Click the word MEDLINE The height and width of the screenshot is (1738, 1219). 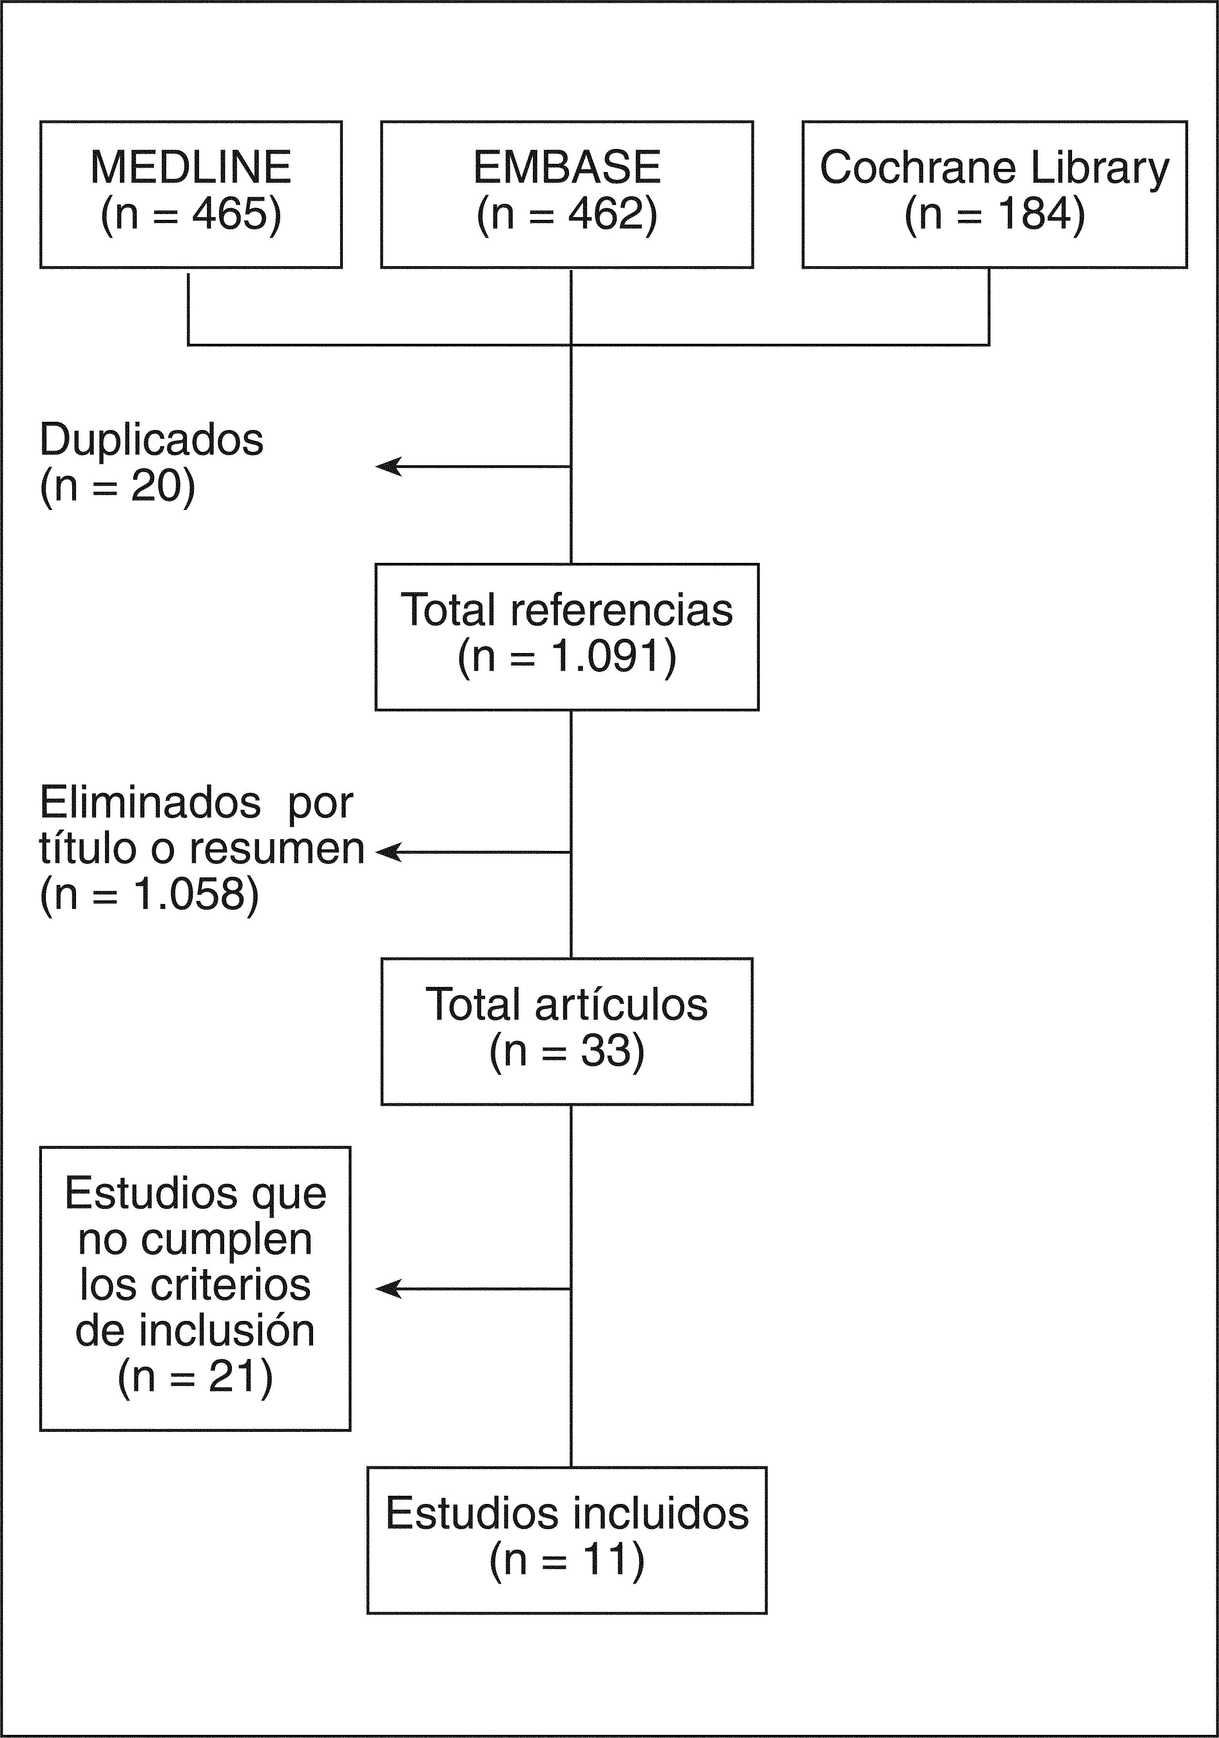pyautogui.click(x=191, y=167)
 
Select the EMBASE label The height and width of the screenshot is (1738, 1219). pyautogui.click(x=567, y=167)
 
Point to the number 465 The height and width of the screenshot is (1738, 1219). pyautogui.click(x=230, y=214)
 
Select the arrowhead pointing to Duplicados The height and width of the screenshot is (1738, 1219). pyautogui.click(x=386, y=466)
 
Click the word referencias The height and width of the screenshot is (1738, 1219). pyautogui.click(x=621, y=610)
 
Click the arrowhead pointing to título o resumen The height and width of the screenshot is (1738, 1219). pyautogui.click(x=386, y=853)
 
